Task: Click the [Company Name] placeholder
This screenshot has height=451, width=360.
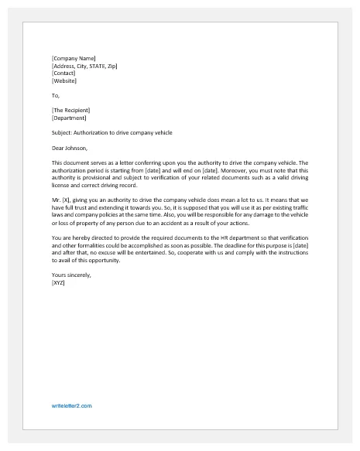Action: (74, 58)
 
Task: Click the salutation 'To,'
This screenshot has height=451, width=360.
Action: (55, 96)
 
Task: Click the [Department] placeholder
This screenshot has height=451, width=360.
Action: (70, 118)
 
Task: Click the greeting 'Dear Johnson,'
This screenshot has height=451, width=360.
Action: (70, 148)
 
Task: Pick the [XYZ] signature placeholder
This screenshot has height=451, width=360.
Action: (58, 282)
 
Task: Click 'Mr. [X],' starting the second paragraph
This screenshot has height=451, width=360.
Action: (62, 200)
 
